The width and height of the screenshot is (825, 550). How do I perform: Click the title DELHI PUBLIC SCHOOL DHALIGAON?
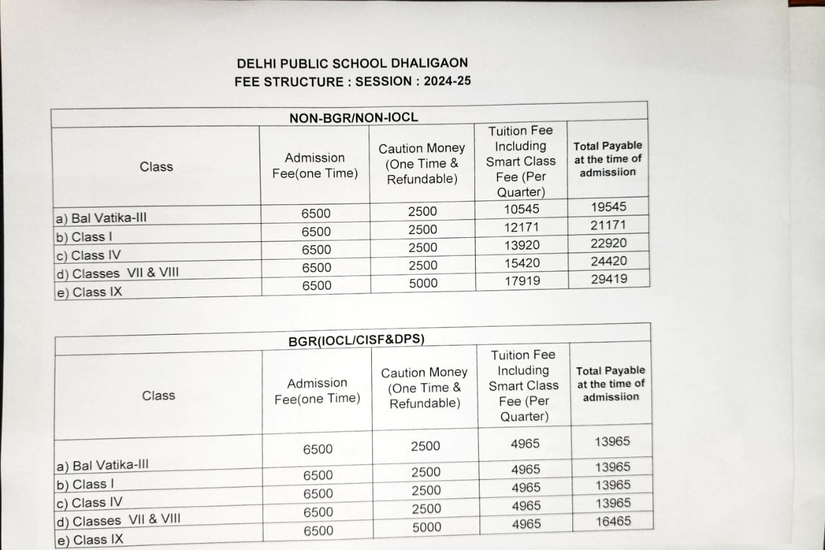(x=352, y=63)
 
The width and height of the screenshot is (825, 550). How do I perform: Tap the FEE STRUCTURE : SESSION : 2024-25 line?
(x=353, y=82)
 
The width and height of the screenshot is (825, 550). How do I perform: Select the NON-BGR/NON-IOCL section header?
(x=353, y=117)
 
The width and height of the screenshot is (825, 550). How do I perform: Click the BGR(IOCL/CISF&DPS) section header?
(x=356, y=340)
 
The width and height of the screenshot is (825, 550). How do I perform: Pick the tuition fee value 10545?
(x=522, y=210)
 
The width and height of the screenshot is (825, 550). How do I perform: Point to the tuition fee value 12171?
(x=522, y=228)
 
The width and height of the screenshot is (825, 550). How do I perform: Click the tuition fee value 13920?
(x=523, y=246)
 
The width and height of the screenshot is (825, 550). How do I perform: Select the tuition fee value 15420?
(x=523, y=263)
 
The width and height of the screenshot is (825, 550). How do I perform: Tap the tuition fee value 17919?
(x=523, y=281)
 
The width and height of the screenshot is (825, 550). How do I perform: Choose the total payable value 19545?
(x=608, y=207)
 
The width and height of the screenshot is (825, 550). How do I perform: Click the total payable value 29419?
(x=609, y=279)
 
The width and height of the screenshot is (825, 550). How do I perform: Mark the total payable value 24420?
(x=609, y=261)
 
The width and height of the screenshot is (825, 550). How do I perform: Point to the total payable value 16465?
(x=613, y=521)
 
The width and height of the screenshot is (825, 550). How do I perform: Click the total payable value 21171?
(x=608, y=225)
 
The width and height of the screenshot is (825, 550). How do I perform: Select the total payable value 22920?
(x=609, y=243)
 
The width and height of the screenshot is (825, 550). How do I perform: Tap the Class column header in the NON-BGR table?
(x=156, y=166)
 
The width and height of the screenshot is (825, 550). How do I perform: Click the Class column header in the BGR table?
(x=159, y=395)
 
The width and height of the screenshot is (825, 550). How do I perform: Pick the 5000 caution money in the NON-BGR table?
(x=423, y=283)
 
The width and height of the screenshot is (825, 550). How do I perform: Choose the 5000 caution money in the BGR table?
(x=427, y=527)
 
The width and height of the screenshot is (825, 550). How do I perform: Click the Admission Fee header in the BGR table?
(x=317, y=391)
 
